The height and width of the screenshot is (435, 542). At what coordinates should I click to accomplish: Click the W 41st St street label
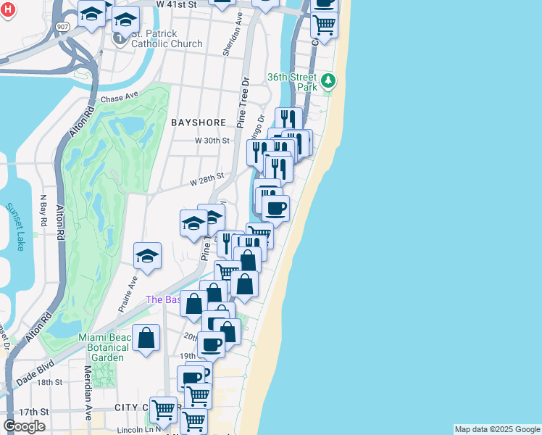tap(176, 4)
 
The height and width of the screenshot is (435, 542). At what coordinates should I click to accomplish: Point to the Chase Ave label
tap(120, 98)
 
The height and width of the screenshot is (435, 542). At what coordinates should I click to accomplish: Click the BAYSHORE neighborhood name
tap(199, 123)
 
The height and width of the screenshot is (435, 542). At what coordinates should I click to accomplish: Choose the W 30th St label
tap(212, 141)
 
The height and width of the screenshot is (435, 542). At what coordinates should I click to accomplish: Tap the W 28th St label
tap(207, 178)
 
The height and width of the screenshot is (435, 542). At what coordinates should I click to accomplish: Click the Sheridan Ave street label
tap(237, 33)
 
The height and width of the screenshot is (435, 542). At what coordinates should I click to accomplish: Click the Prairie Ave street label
tap(128, 292)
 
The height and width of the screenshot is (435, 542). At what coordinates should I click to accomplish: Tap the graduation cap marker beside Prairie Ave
tap(148, 256)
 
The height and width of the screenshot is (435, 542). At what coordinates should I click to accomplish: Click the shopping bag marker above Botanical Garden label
tap(146, 338)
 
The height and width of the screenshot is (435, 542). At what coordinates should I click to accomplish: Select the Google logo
tap(24, 426)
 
